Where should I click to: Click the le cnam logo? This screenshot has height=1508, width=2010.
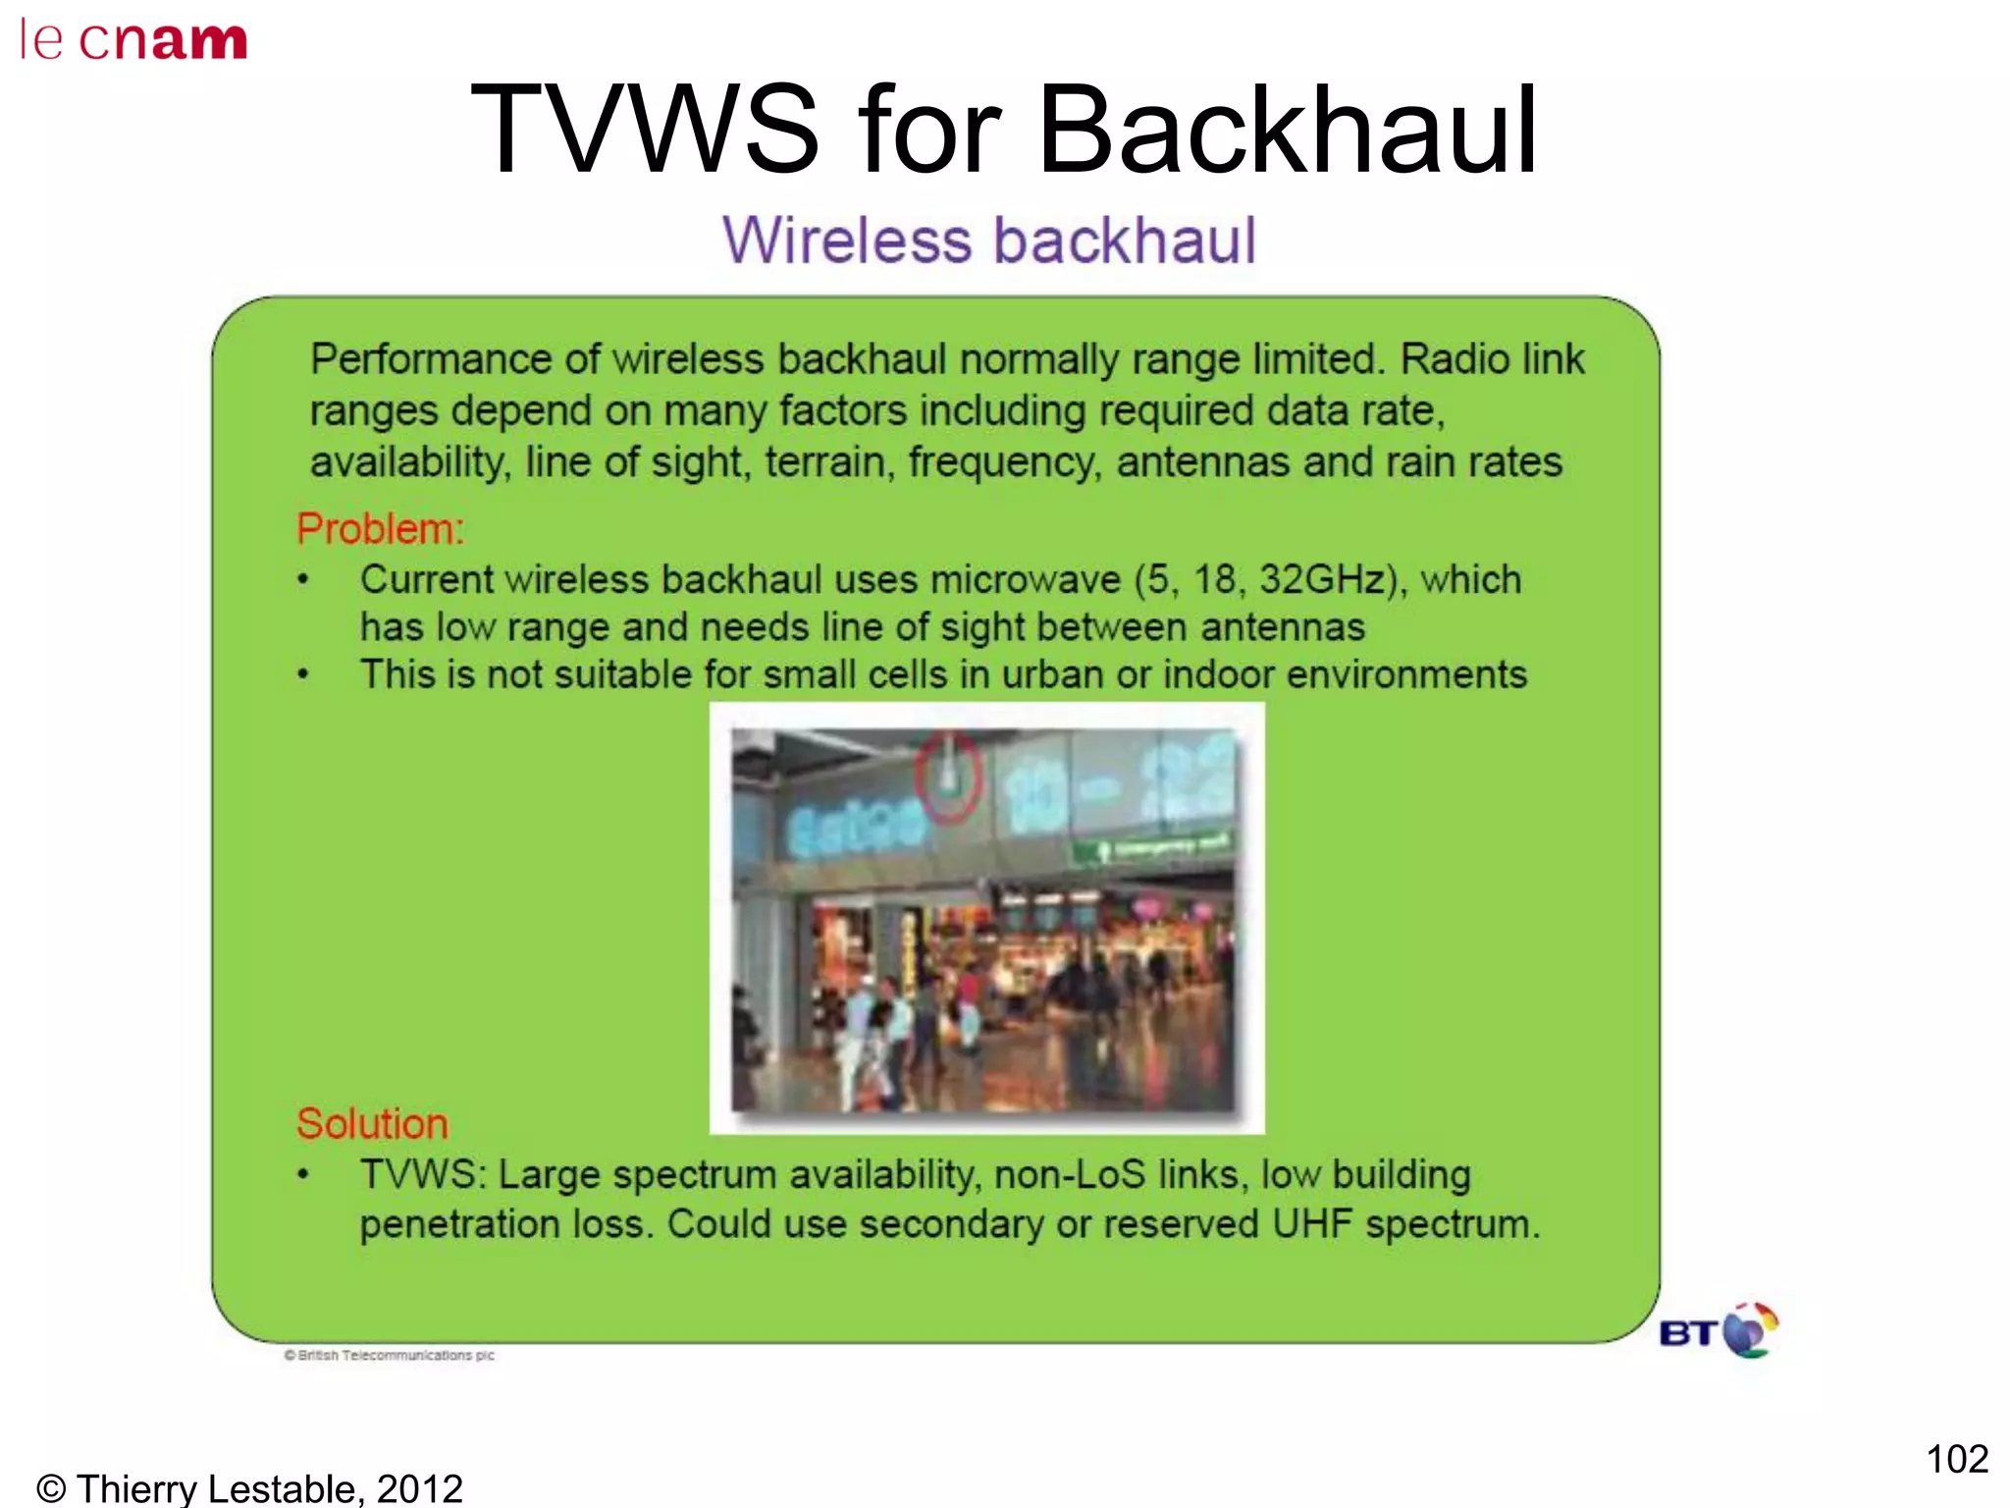click(x=132, y=40)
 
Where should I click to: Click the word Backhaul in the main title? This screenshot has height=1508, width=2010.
click(x=1287, y=131)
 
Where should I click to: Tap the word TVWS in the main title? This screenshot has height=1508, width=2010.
click(x=644, y=131)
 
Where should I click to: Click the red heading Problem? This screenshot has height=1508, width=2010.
click(x=380, y=529)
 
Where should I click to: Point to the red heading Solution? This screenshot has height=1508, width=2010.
click(x=372, y=1124)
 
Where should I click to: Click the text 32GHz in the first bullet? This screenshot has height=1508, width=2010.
click(x=1321, y=579)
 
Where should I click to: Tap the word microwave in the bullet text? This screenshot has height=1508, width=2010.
click(x=1025, y=580)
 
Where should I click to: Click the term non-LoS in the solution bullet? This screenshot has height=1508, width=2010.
click(x=1070, y=1175)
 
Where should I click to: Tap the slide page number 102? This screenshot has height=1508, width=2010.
click(x=1956, y=1459)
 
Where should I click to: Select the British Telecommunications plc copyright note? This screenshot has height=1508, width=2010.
click(x=390, y=1356)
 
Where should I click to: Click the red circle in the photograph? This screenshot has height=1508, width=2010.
click(x=948, y=776)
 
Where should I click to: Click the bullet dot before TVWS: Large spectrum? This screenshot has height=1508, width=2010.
click(x=303, y=1174)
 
